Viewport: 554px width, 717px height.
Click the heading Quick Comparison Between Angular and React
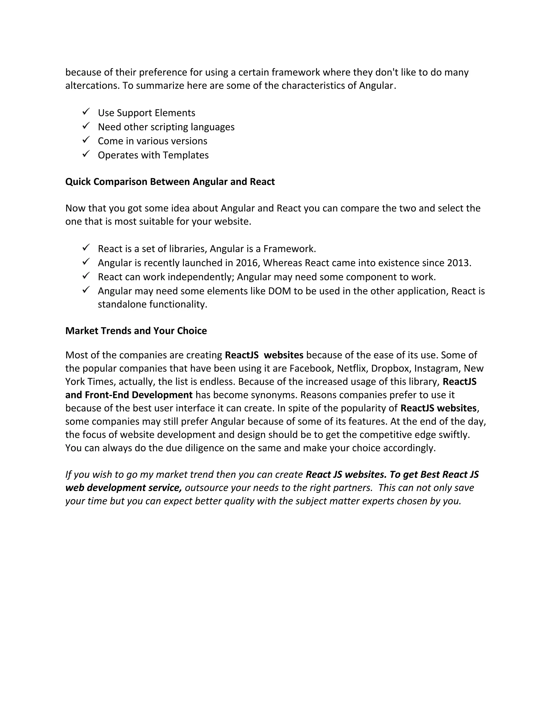170,182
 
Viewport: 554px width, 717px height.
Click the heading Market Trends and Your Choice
136,331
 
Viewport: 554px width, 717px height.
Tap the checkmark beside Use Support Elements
86,112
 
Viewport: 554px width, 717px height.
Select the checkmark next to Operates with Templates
86,154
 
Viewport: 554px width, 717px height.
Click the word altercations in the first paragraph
93,86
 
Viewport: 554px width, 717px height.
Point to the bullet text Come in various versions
152,141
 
